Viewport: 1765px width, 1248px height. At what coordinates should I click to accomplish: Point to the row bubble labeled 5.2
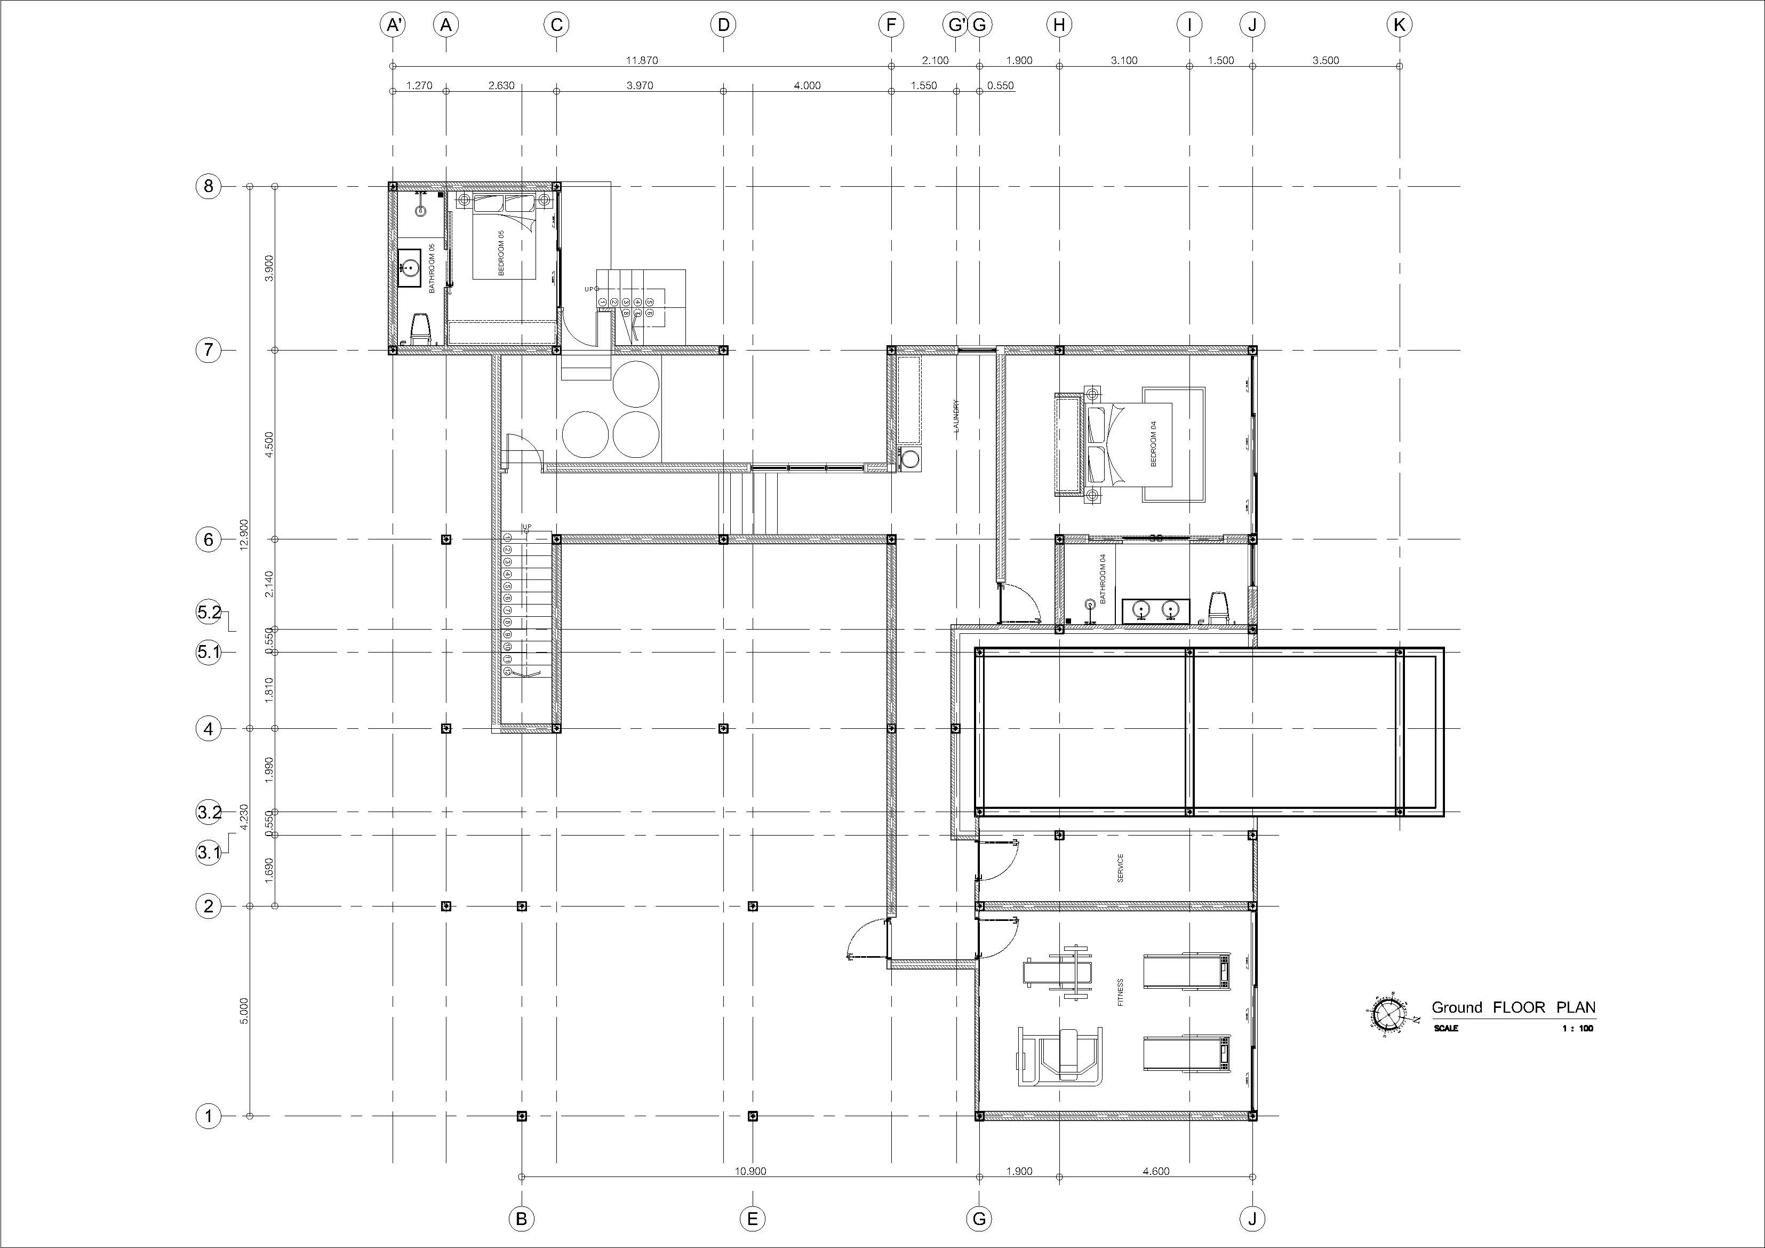click(x=209, y=613)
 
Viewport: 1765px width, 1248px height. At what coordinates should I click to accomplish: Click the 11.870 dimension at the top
click(x=641, y=60)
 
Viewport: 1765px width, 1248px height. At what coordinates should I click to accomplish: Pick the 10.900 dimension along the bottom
click(x=750, y=1171)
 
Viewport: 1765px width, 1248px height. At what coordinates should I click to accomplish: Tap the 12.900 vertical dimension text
click(x=244, y=535)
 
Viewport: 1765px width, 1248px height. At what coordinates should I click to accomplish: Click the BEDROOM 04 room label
click(x=1153, y=444)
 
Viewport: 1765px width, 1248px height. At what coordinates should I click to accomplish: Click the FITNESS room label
click(x=1120, y=992)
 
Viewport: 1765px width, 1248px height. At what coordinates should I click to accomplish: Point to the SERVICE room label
click(x=1120, y=868)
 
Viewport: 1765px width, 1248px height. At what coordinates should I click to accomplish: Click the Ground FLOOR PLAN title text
click(x=1513, y=1007)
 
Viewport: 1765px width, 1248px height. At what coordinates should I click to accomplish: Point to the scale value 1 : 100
click(x=1577, y=1029)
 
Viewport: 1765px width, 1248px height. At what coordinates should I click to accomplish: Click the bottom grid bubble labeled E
click(x=752, y=1219)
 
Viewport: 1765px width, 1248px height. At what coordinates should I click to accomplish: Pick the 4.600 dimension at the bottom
click(x=1155, y=1171)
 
